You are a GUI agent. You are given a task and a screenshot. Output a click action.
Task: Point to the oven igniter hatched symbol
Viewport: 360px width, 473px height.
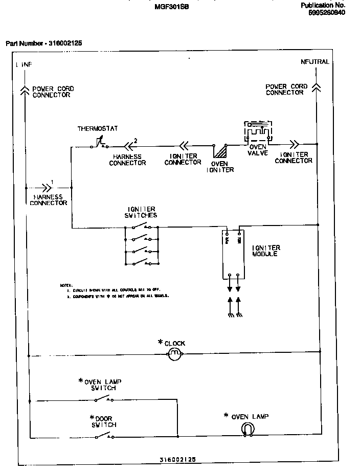pyautogui.click(x=220, y=152)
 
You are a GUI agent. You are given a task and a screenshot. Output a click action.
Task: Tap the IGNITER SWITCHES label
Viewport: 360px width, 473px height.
pyautogui.click(x=141, y=212)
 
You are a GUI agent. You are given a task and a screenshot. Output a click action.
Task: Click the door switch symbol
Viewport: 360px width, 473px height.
pyautogui.click(x=104, y=436)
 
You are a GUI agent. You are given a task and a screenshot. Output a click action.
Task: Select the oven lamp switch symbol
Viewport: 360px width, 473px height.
pyautogui.click(x=104, y=400)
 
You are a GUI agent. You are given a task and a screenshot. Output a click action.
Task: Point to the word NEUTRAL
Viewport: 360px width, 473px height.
pyautogui.click(x=315, y=62)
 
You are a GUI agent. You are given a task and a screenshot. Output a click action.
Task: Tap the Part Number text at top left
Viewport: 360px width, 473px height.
pyautogui.click(x=43, y=43)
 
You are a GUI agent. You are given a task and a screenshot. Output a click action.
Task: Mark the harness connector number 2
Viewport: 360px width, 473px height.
pyautogui.click(x=136, y=140)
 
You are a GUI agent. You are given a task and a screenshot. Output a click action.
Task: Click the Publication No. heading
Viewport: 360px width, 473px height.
pyautogui.click(x=323, y=5)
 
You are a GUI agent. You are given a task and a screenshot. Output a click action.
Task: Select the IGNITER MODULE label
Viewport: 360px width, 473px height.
pyautogui.click(x=266, y=251)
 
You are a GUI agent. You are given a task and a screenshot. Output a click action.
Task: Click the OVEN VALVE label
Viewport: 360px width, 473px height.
pyautogui.click(x=257, y=150)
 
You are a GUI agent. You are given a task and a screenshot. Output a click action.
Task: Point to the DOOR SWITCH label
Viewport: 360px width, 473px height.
pyautogui.click(x=104, y=421)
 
